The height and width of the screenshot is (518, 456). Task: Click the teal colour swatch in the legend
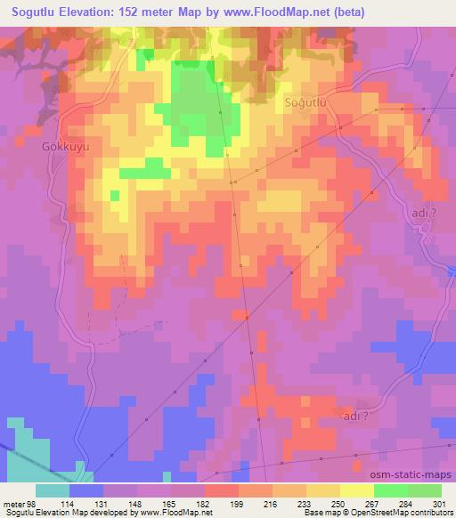[53, 490]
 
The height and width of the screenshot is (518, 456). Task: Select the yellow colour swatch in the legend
[357, 490]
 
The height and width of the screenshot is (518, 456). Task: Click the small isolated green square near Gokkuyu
[114, 194]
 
